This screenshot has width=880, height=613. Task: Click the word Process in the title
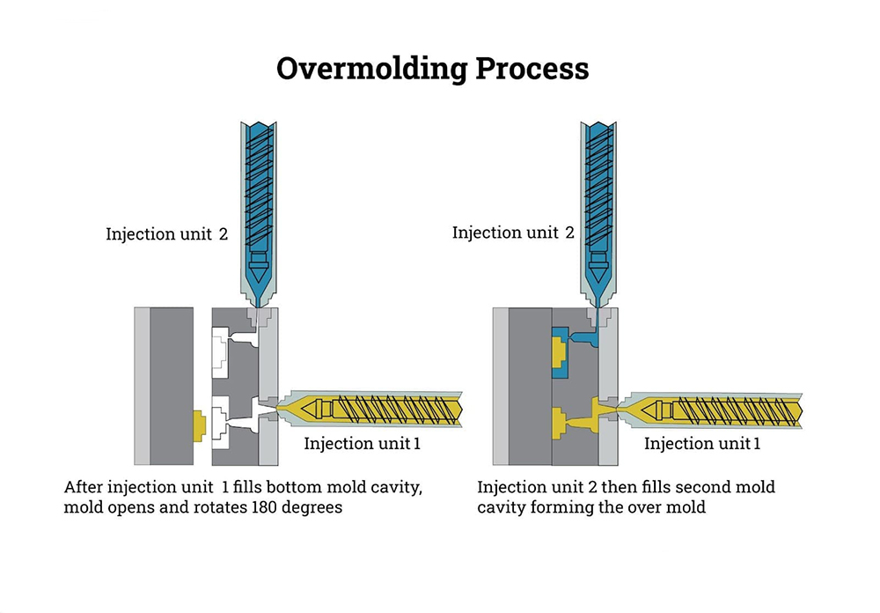[x=533, y=69]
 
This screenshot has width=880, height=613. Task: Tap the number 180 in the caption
[x=270, y=508]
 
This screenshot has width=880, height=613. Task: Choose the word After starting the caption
[x=84, y=487]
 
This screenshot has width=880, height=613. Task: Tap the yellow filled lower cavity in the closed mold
[x=560, y=422]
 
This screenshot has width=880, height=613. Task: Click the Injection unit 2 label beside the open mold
[x=166, y=234]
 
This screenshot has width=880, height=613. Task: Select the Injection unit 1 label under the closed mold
[x=701, y=443]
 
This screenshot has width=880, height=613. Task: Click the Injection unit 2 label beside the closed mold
[x=512, y=233]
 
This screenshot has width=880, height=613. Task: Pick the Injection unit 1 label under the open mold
[x=362, y=443]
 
